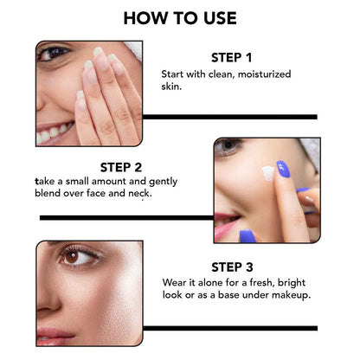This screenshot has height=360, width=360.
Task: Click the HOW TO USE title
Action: [x=179, y=17]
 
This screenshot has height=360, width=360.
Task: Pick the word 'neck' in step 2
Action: [x=138, y=194]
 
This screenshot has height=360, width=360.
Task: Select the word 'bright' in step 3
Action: [x=286, y=282]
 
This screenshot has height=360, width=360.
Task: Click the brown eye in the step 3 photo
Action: [x=72, y=257]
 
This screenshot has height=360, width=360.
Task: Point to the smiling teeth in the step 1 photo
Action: [x=54, y=133]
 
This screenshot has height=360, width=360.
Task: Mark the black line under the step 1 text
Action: [x=228, y=116]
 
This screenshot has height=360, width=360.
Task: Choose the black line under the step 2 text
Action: [x=125, y=217]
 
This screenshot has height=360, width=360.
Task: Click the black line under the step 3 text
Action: [x=230, y=328]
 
